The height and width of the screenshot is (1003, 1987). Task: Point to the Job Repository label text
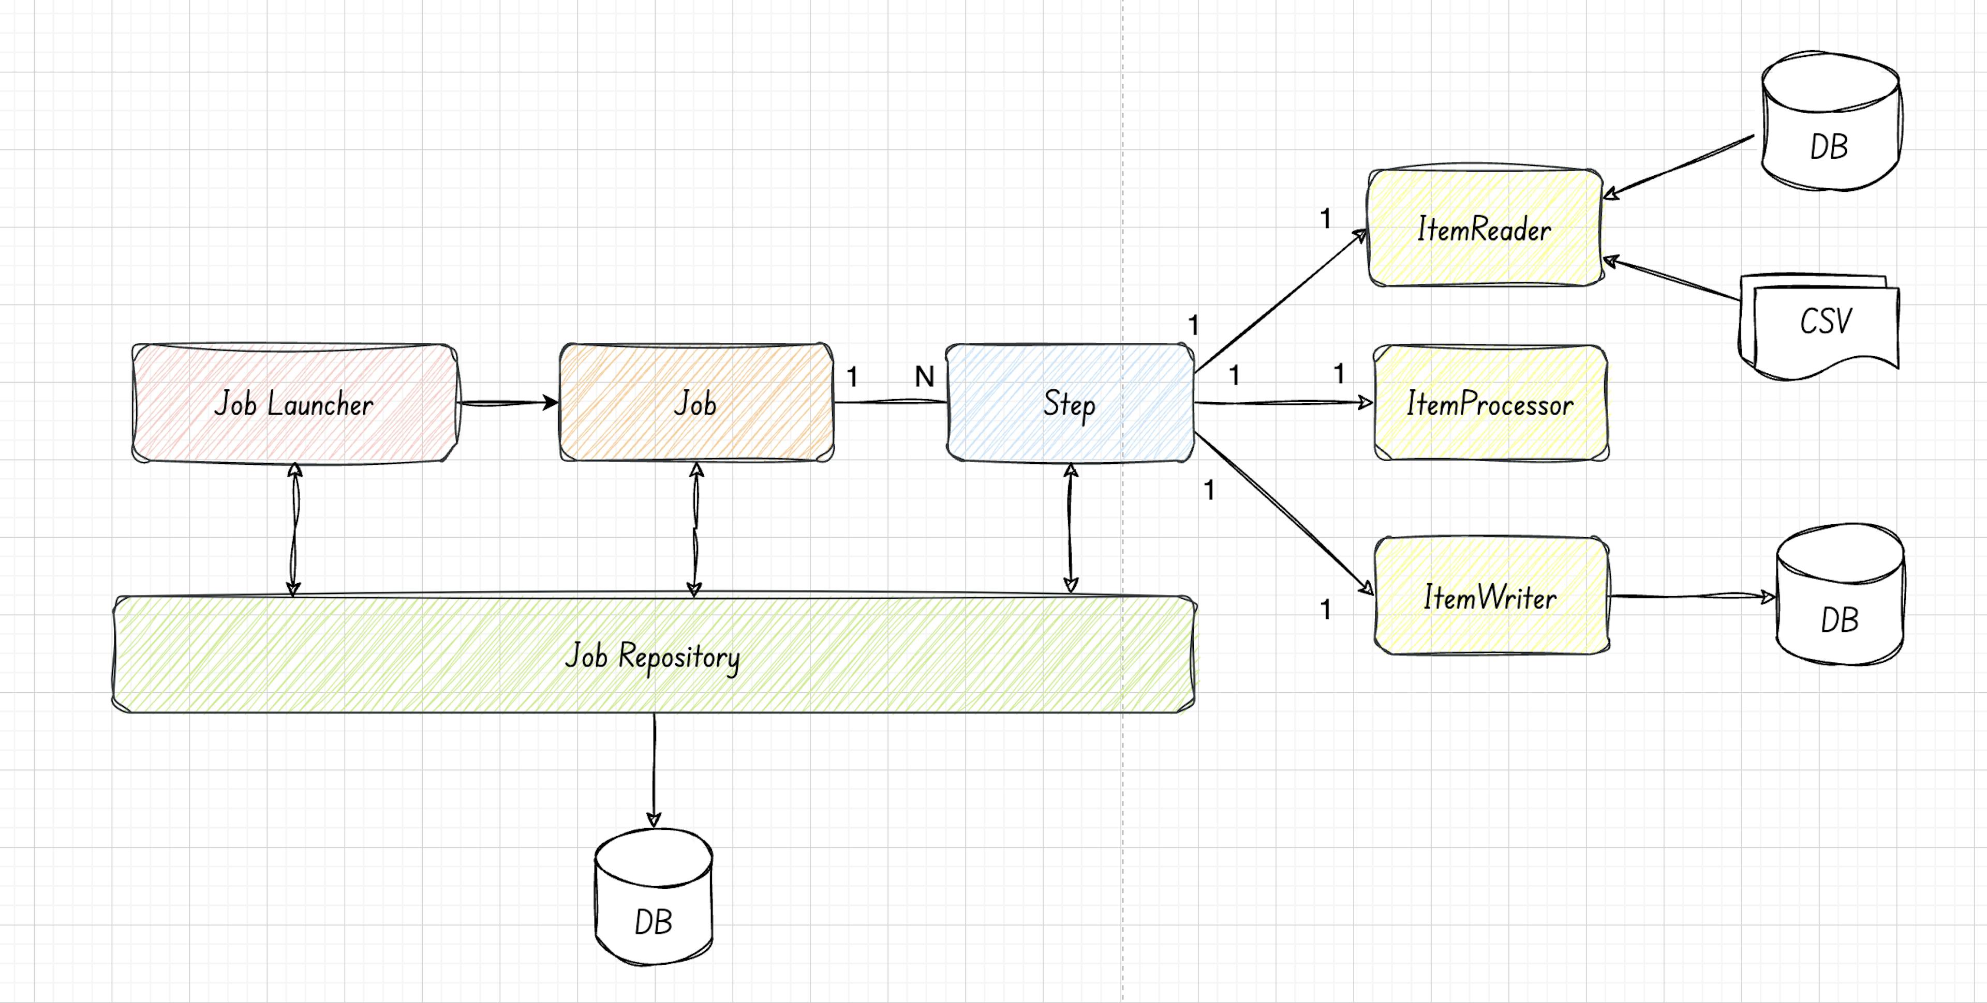pyautogui.click(x=653, y=656)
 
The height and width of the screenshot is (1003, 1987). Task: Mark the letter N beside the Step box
pyautogui.click(x=924, y=377)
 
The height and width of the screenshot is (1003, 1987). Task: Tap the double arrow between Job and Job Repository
pyautogui.click(x=695, y=529)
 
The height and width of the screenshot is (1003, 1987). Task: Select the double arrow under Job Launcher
pyautogui.click(x=294, y=529)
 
